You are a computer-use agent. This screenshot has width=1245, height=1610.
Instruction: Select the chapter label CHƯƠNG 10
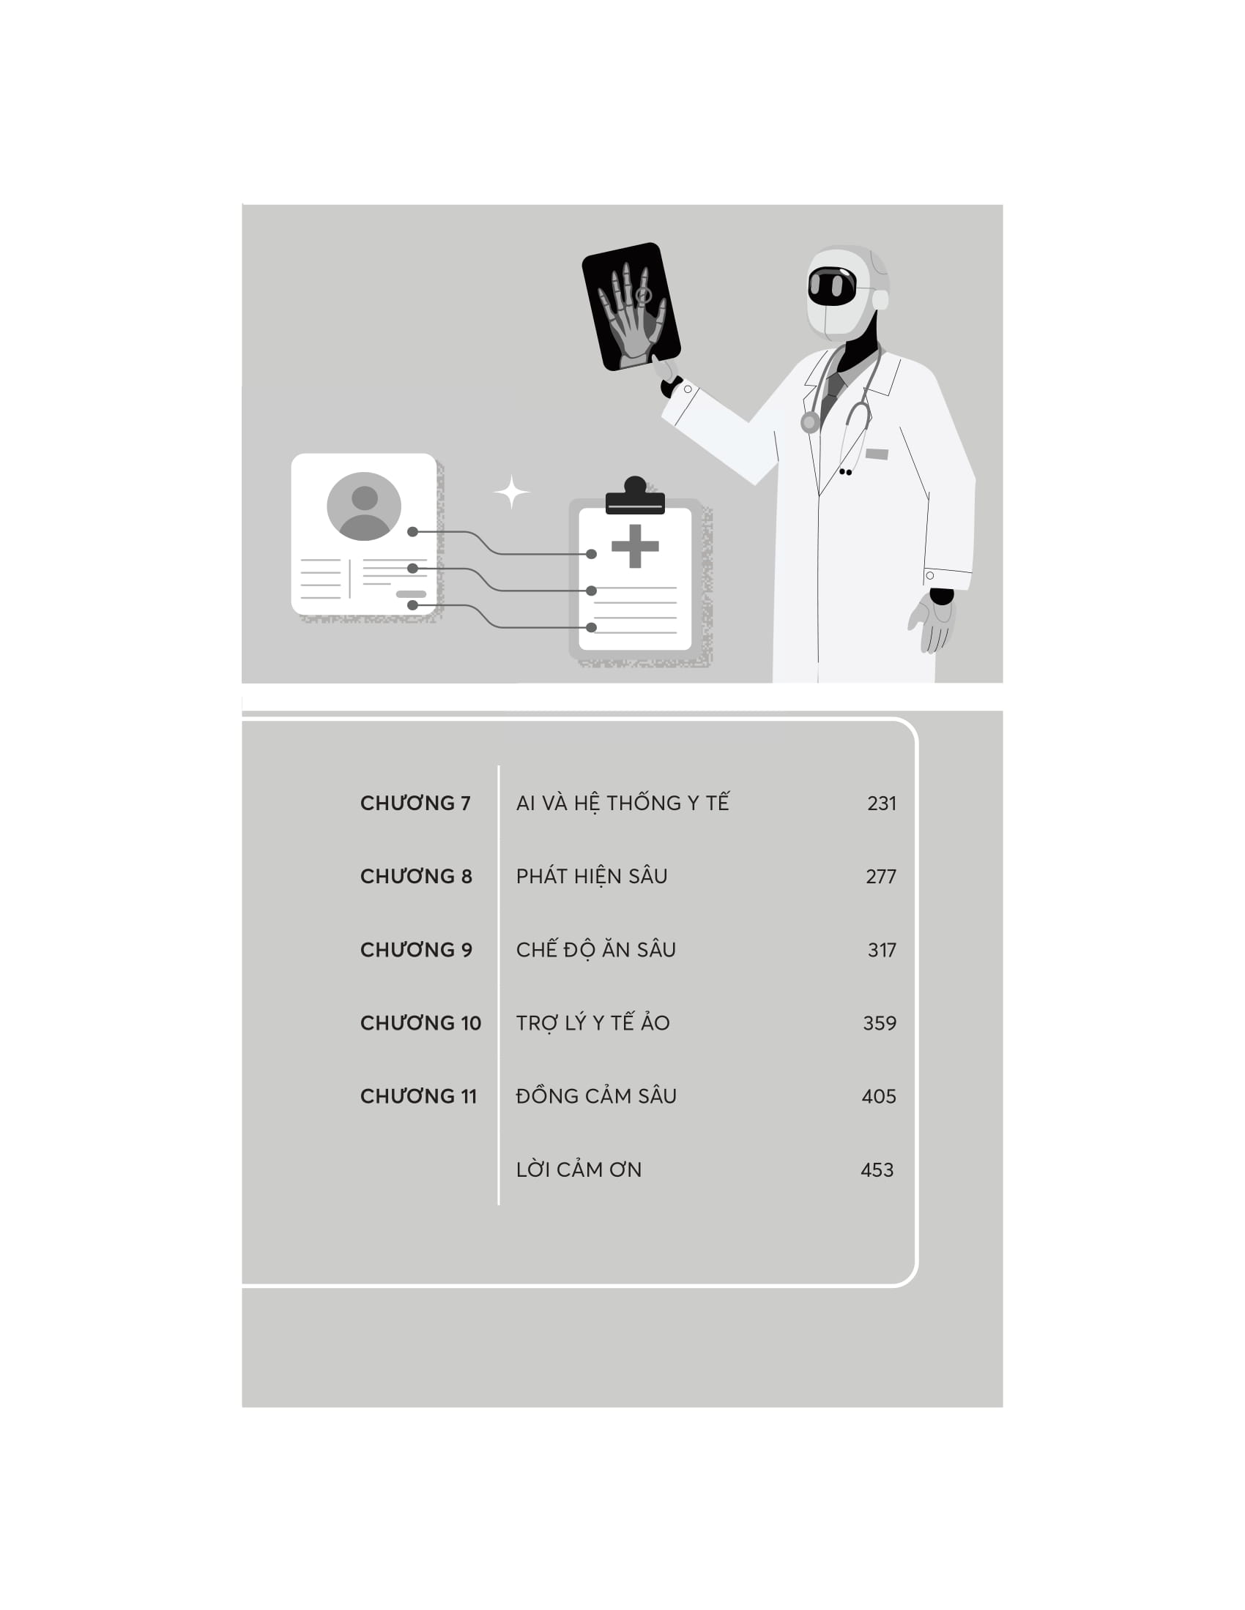[420, 1022]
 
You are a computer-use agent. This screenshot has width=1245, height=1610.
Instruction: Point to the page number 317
[882, 949]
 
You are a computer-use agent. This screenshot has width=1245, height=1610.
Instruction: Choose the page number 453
[877, 1170]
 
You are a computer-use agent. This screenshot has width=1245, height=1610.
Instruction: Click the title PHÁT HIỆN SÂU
[592, 876]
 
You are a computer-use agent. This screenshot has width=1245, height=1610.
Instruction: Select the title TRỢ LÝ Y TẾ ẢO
[593, 1022]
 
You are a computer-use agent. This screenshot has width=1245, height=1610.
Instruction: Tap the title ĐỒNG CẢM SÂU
[596, 1096]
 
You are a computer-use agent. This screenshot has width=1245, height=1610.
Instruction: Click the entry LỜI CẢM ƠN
[579, 1169]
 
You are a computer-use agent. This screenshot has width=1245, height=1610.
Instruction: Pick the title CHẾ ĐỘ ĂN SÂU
[596, 948]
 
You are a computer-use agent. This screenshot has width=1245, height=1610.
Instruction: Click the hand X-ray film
[631, 306]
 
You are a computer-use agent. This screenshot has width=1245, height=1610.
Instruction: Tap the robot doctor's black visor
[832, 285]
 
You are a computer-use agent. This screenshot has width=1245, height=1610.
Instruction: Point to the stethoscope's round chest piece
[810, 422]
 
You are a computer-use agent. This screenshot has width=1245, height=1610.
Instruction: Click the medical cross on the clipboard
[635, 546]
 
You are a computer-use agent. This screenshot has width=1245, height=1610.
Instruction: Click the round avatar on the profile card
[364, 506]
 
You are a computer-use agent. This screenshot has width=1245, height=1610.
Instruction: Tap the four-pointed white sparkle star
[511, 492]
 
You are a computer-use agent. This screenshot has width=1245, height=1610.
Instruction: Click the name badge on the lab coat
[876, 454]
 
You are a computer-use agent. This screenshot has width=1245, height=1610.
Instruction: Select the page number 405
[878, 1096]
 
